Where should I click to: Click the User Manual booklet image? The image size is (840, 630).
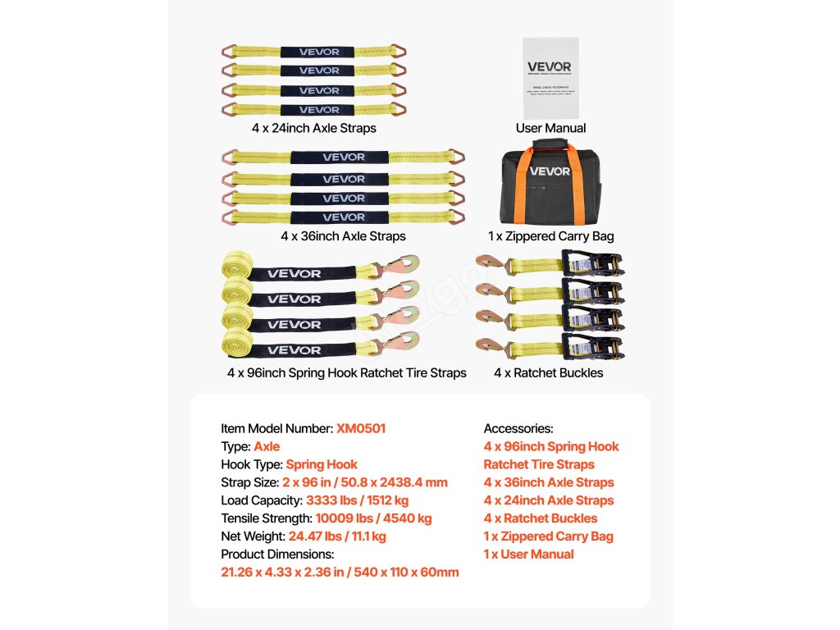[x=550, y=77]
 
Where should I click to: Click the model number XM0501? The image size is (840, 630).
[x=361, y=428]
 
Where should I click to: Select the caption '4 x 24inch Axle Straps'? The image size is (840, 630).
[x=314, y=128]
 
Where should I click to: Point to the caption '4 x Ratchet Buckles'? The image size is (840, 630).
[x=548, y=372]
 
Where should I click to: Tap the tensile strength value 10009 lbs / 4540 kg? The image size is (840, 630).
[x=373, y=518]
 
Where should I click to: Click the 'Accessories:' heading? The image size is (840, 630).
[x=518, y=428]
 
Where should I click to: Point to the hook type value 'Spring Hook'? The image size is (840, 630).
[x=322, y=464]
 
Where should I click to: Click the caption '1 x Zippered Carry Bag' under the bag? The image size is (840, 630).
[x=550, y=236]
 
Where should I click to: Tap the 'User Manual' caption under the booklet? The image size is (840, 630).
[x=550, y=128]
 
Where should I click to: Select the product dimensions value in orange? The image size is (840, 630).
[x=340, y=573]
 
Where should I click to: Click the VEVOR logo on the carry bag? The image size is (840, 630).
[x=550, y=171]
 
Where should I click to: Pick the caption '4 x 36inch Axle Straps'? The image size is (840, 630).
[x=343, y=236]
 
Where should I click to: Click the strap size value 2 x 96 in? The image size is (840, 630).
[x=365, y=482]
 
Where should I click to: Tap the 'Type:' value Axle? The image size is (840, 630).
[x=267, y=446]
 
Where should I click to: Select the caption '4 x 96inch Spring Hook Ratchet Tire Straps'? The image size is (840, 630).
[x=347, y=372]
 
